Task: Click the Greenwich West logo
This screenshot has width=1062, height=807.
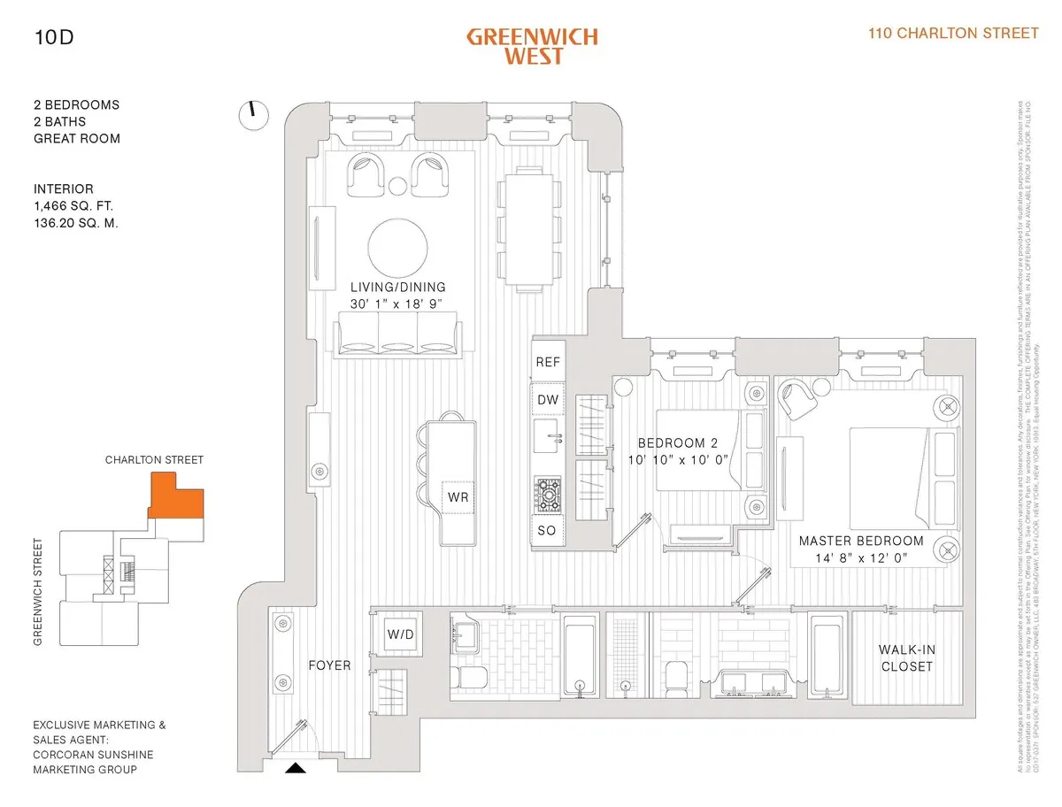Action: pos(532,45)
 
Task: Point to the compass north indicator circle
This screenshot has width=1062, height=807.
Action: pos(253,114)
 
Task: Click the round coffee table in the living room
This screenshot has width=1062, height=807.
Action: pos(397,247)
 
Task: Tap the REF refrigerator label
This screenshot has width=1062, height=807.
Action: pos(548,361)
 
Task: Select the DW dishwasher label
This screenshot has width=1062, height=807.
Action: pos(548,400)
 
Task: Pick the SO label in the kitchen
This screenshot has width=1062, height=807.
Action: pos(548,531)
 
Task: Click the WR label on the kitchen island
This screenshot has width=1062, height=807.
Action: pos(458,497)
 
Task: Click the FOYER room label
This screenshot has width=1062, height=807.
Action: pos(329,665)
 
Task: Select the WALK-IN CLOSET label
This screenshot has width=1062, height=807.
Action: pos(907,657)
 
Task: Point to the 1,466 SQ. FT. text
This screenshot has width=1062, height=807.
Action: pos(73,206)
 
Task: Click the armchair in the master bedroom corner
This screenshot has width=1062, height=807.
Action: pos(801,399)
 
